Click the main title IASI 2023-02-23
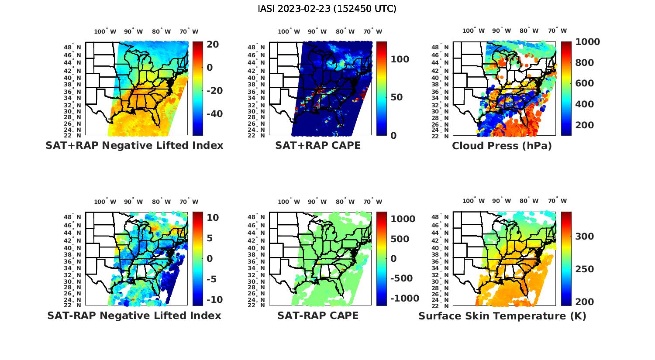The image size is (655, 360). [327, 8]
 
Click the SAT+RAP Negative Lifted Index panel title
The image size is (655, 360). [134, 145]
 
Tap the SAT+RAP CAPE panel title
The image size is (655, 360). [318, 145]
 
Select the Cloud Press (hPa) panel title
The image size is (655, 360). [502, 146]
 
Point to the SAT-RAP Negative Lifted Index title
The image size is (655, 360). [134, 315]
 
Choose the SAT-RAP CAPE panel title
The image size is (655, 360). [318, 315]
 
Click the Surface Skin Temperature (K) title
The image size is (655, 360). [502, 315]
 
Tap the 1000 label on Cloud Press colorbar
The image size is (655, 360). [587, 42]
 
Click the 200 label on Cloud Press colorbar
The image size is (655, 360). [584, 125]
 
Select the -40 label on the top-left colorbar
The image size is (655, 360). [214, 114]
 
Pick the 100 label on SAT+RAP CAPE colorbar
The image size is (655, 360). [400, 59]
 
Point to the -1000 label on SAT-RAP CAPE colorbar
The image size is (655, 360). [404, 298]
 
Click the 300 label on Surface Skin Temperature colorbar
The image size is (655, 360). [584, 236]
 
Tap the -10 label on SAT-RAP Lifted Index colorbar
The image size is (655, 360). [214, 299]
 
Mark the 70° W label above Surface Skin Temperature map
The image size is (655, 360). [557, 201]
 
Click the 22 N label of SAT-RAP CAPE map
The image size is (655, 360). [256, 305]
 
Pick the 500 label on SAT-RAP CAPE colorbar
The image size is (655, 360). [400, 239]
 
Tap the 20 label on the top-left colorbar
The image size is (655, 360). [213, 44]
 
